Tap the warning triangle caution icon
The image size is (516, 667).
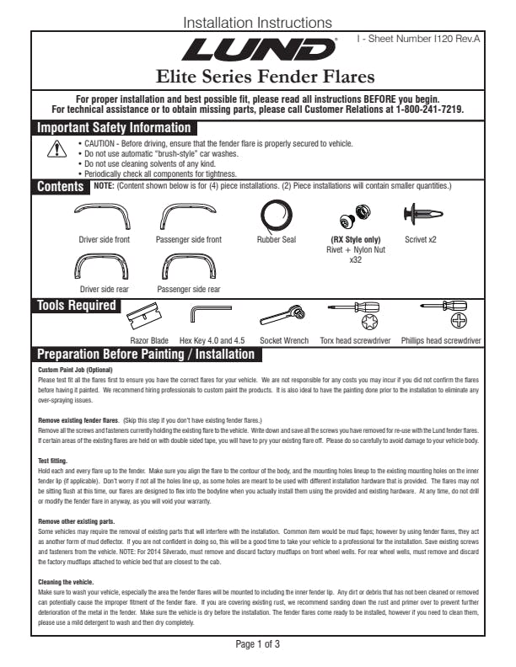click(56, 149)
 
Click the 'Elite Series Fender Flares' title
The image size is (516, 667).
click(257, 78)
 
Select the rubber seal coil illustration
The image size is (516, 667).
click(276, 216)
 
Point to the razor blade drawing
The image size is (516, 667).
click(147, 317)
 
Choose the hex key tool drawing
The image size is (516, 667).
click(205, 315)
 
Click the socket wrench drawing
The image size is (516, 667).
click(282, 316)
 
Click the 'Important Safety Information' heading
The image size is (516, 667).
click(113, 128)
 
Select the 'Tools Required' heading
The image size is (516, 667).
click(76, 305)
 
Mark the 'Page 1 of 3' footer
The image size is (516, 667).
click(257, 644)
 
